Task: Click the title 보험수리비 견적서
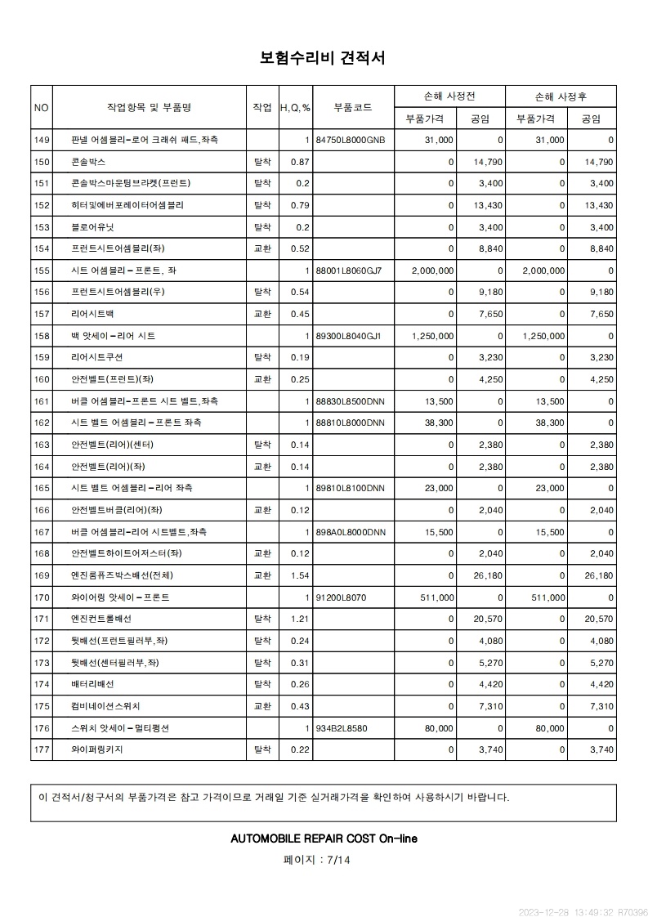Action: [x=323, y=58]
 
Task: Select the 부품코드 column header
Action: [x=353, y=107]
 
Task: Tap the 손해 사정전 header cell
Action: [x=449, y=96]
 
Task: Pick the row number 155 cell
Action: [x=42, y=271]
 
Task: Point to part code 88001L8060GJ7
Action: [x=348, y=271]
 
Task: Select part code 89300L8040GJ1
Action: [x=348, y=336]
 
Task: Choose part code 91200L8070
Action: [x=341, y=597]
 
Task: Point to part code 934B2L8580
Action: [x=341, y=727]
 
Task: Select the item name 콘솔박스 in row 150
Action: [x=88, y=162]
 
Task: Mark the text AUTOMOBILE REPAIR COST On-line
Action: [x=324, y=839]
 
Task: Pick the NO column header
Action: [x=42, y=107]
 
